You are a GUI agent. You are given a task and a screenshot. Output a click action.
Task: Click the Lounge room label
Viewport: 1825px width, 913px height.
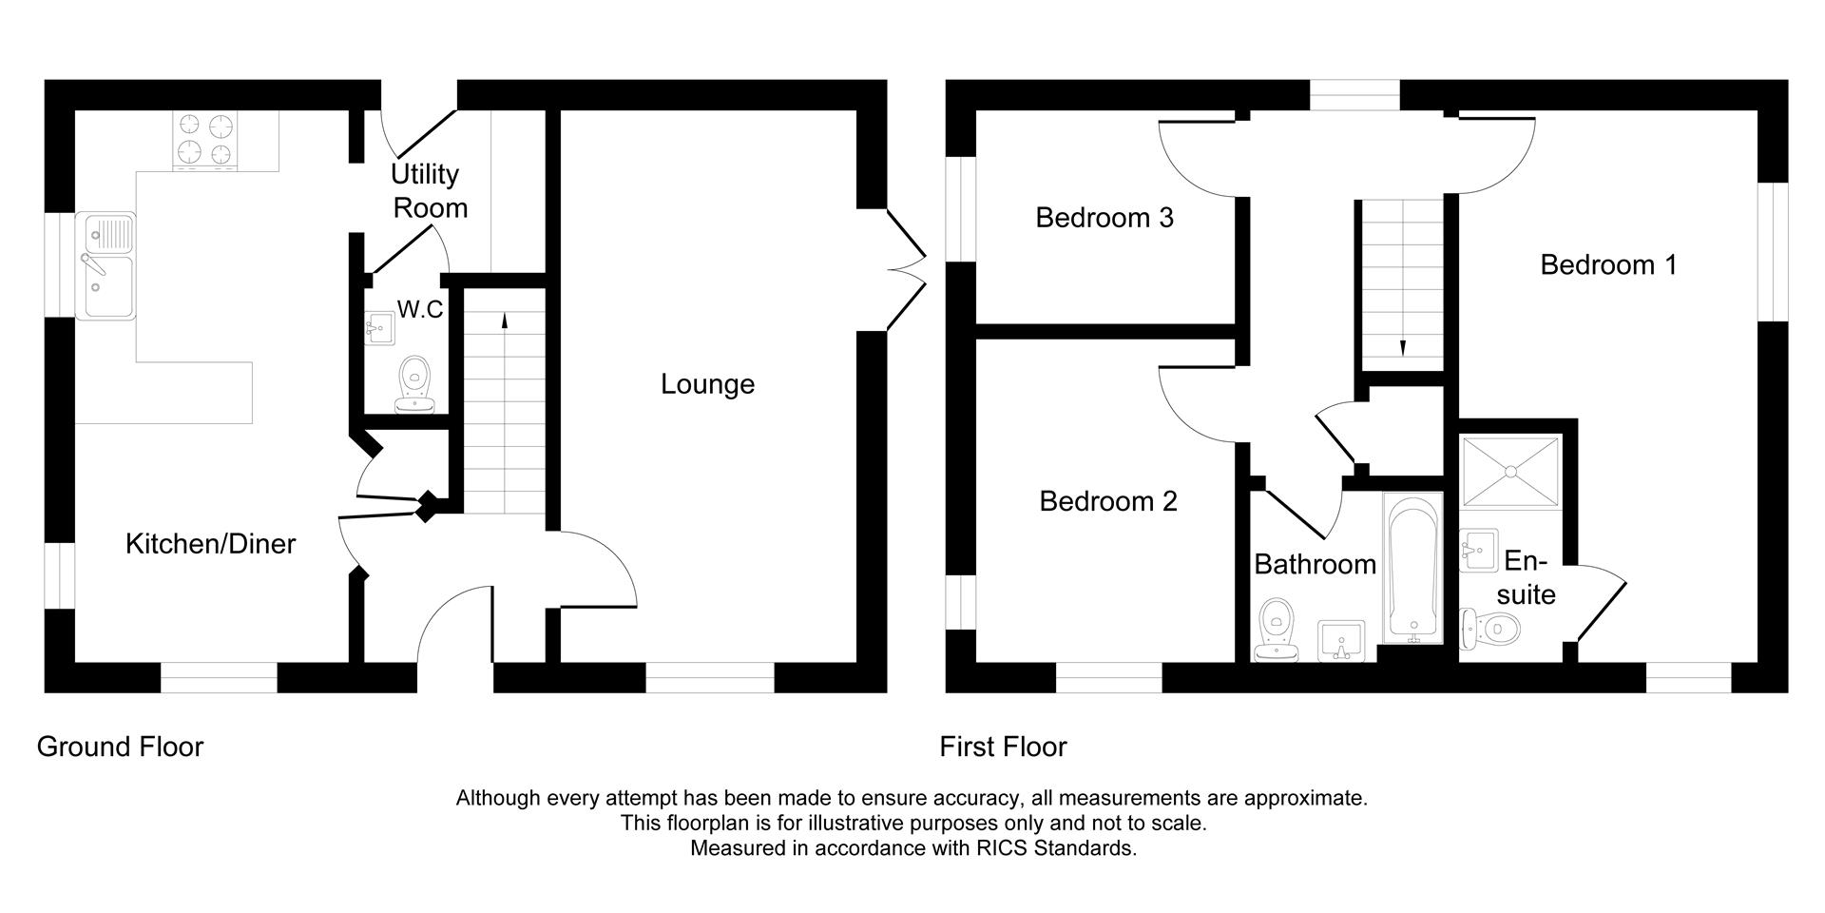click(x=707, y=384)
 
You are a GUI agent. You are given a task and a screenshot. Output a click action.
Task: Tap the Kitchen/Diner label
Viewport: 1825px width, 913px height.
click(x=210, y=544)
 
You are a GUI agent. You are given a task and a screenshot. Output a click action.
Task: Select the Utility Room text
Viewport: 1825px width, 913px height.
click(x=429, y=190)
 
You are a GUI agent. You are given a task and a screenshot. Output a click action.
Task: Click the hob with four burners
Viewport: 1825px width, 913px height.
click(x=205, y=140)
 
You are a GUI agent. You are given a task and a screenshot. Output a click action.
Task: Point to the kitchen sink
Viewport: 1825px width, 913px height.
click(x=106, y=265)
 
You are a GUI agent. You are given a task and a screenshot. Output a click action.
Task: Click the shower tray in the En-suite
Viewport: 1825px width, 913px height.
click(x=1509, y=473)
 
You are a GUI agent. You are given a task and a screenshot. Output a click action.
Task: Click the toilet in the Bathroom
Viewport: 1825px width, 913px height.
click(x=1276, y=631)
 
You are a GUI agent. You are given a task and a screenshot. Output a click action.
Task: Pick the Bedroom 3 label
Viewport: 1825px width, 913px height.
click(x=1104, y=218)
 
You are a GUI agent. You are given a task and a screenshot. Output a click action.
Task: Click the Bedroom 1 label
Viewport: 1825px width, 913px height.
click(x=1608, y=264)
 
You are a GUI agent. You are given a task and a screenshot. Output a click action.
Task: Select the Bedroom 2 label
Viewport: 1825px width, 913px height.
click(x=1107, y=501)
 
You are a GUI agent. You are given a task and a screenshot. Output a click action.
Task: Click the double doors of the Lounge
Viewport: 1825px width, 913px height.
click(x=905, y=268)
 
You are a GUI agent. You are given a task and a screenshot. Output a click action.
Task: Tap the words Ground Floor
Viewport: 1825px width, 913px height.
click(x=120, y=747)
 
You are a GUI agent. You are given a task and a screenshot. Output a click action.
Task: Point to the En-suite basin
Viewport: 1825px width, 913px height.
click(x=1478, y=550)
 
